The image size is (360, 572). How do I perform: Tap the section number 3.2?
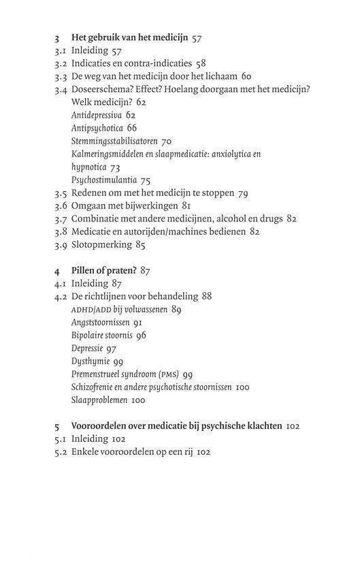coord(61,63)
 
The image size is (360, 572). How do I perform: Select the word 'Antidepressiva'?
coord(96,115)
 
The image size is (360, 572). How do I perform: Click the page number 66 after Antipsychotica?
coord(131,128)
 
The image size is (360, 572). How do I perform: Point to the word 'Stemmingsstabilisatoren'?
coord(114,141)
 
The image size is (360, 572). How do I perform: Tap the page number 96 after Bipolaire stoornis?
coord(141,335)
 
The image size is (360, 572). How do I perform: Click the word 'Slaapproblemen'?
coord(98,400)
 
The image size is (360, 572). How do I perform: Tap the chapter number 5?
coord(58,426)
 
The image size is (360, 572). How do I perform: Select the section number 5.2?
coord(61,452)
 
